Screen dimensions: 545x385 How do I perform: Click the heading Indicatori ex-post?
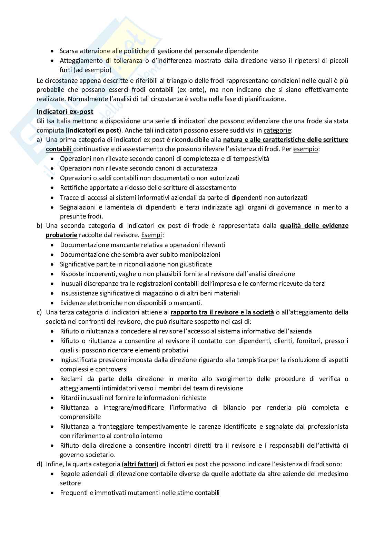coord(65,112)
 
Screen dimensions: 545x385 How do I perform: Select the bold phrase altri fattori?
coord(140,464)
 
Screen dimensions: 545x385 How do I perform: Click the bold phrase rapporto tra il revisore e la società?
coord(222,312)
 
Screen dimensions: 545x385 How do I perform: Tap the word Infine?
coord(55,464)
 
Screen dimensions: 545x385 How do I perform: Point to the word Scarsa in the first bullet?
coord(69,51)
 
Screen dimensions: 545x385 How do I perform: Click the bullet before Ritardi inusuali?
coord(52,398)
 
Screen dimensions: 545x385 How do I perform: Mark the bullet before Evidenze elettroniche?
coord(52,303)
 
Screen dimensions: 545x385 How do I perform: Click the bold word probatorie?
coord(61,235)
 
